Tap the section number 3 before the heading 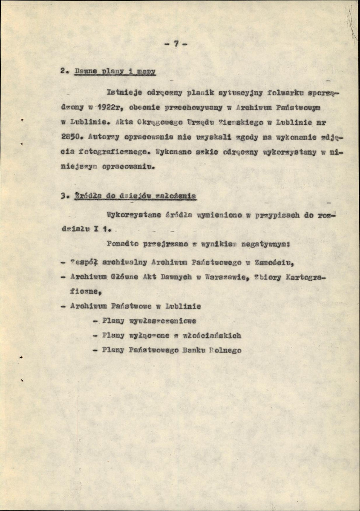coord(63,196)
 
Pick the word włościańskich coord(210,336)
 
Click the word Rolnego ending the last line coord(227,350)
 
